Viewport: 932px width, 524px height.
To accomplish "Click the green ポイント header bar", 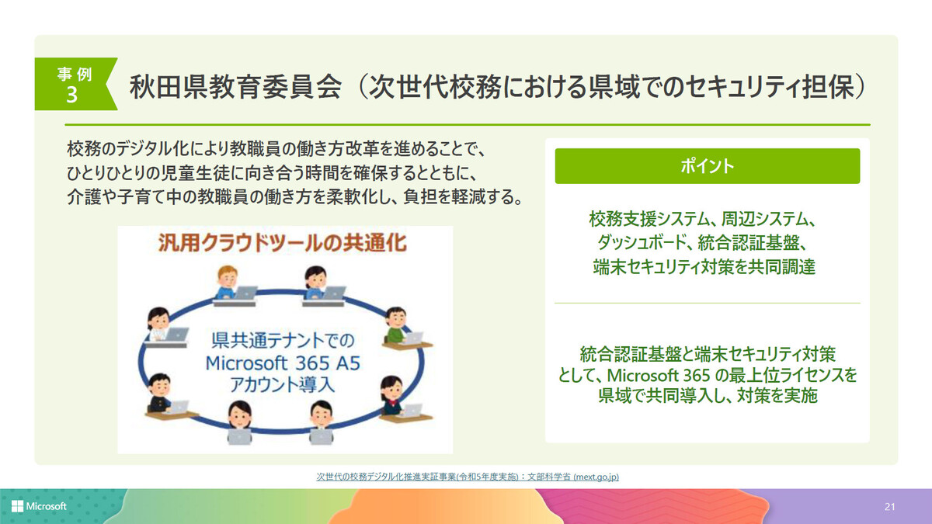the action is tap(708, 166).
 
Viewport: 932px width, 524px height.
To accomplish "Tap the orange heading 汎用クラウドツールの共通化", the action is tap(283, 243).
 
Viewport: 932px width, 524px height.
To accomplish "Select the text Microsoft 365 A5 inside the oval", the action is tap(283, 363).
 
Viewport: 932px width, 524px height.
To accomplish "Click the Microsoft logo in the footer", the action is tap(39, 506).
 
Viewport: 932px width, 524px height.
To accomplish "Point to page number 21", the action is tap(889, 506).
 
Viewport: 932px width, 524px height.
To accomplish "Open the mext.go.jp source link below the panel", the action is tap(468, 477).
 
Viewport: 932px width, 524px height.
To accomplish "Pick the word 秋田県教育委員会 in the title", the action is tap(235, 87).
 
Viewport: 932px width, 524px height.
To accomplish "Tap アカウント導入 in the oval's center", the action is tap(282, 384).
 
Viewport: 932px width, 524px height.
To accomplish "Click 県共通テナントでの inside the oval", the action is tap(283, 341).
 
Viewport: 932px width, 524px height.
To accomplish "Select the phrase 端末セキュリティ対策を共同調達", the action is tap(704, 267).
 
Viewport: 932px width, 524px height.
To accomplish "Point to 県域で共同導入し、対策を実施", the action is tap(708, 395).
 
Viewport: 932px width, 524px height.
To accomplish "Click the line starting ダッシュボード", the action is tap(703, 243).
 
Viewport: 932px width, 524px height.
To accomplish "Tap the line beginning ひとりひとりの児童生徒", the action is tap(272, 173).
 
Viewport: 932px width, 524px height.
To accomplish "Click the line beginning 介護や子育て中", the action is tap(295, 196).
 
